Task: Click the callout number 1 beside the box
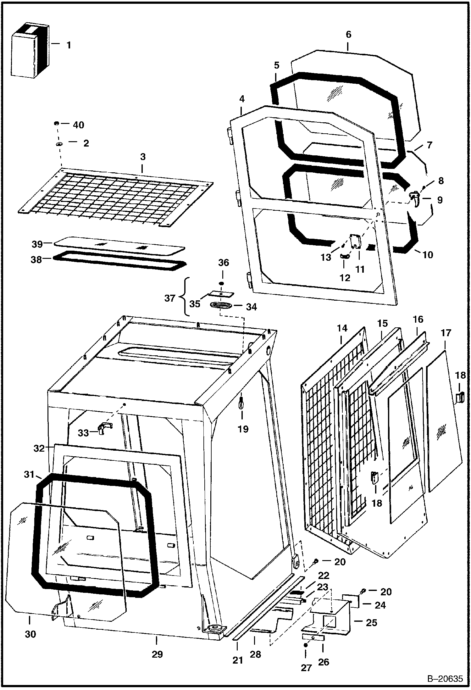[x=69, y=45]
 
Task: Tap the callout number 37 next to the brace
[x=170, y=298]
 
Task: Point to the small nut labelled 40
[x=57, y=123]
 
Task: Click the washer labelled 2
[x=59, y=144]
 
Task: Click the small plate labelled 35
[x=222, y=294]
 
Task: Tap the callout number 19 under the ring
[x=243, y=429]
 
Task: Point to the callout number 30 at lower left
[x=30, y=634]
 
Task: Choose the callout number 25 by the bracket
[x=371, y=622]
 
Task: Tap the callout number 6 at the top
[x=348, y=34]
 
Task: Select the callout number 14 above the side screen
[x=342, y=328]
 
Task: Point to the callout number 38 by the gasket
[x=36, y=260]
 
